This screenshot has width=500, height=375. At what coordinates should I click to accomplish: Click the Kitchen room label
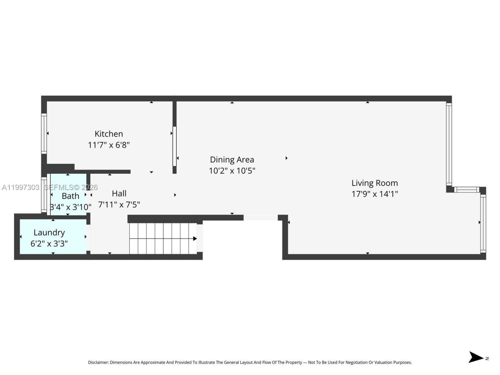[109, 134]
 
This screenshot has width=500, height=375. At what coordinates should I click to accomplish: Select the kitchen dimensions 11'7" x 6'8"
[109, 145]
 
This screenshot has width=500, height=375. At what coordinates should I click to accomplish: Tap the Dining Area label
[232, 160]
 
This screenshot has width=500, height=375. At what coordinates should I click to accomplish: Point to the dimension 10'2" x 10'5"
[232, 171]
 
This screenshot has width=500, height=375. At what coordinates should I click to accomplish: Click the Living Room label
[375, 183]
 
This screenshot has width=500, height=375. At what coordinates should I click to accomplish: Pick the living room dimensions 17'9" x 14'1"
[375, 194]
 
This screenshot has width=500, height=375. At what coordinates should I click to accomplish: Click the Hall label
[119, 193]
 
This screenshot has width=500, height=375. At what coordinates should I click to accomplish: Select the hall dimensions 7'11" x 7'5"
[119, 204]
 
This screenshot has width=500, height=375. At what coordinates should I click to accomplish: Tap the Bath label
[70, 196]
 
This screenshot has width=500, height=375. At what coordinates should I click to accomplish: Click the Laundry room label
[49, 232]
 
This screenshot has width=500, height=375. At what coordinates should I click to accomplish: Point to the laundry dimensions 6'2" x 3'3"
[49, 243]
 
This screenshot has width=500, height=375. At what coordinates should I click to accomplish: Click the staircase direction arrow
[194, 238]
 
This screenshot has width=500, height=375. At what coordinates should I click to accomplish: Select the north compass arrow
[476, 357]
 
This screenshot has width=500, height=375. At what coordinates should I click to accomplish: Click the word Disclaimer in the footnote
[98, 362]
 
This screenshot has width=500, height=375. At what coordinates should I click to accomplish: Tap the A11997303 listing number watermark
[20, 187]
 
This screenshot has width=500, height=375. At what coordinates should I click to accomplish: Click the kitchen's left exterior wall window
[44, 133]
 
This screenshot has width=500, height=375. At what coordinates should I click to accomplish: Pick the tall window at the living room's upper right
[449, 145]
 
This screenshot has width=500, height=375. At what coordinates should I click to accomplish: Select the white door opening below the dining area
[261, 218]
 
